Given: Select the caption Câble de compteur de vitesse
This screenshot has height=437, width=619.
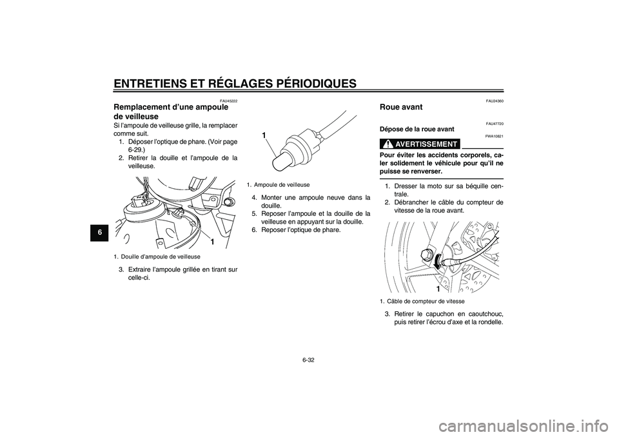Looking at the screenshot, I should coord(422,301).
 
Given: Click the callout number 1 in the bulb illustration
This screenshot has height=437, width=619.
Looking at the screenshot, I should coord(263,134).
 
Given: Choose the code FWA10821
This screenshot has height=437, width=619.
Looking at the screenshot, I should coord(495,136).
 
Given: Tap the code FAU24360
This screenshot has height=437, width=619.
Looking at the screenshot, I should coord(495,101).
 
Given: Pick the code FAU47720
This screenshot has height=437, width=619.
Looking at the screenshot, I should coord(495,122).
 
